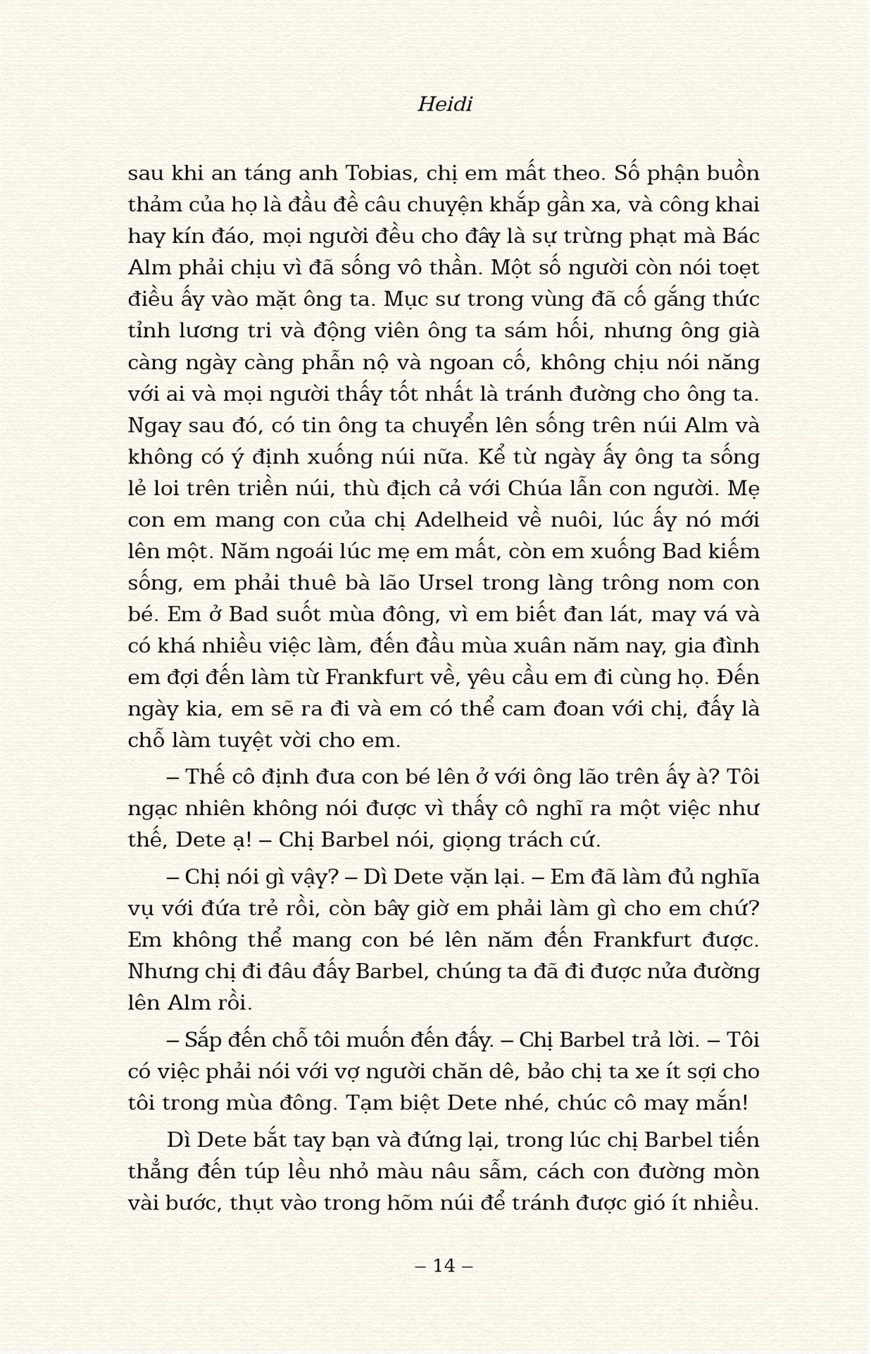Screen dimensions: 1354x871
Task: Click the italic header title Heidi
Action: point(444,104)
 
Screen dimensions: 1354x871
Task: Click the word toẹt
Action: point(735,268)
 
